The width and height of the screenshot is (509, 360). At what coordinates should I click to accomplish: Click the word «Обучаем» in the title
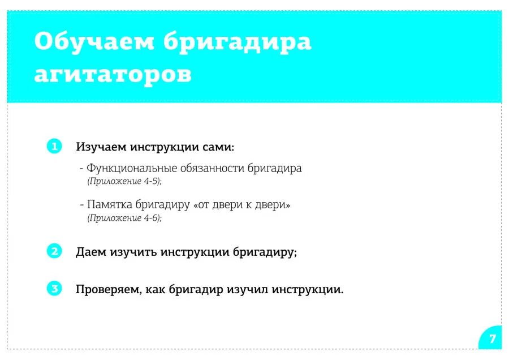pos(94,42)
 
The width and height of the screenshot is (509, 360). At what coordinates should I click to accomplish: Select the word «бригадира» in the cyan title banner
pos(238,42)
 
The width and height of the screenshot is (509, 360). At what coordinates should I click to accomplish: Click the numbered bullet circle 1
pos(54,147)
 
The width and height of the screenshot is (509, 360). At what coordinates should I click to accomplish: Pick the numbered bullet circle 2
pos(54,251)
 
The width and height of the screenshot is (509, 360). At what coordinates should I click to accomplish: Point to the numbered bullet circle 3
pos(54,289)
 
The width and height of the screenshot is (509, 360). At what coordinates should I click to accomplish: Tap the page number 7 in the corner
pos(492,339)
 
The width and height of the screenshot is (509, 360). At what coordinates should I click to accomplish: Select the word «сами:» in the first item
pos(218,147)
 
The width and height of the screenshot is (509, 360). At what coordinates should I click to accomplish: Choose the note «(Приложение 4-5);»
pos(124,181)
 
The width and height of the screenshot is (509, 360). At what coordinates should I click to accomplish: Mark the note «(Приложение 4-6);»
pos(124,218)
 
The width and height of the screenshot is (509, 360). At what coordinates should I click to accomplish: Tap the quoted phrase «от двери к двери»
pos(242,205)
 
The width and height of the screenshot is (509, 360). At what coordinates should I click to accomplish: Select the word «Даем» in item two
pos(91,252)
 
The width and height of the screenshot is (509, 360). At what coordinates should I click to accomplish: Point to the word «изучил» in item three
pos(248,290)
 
